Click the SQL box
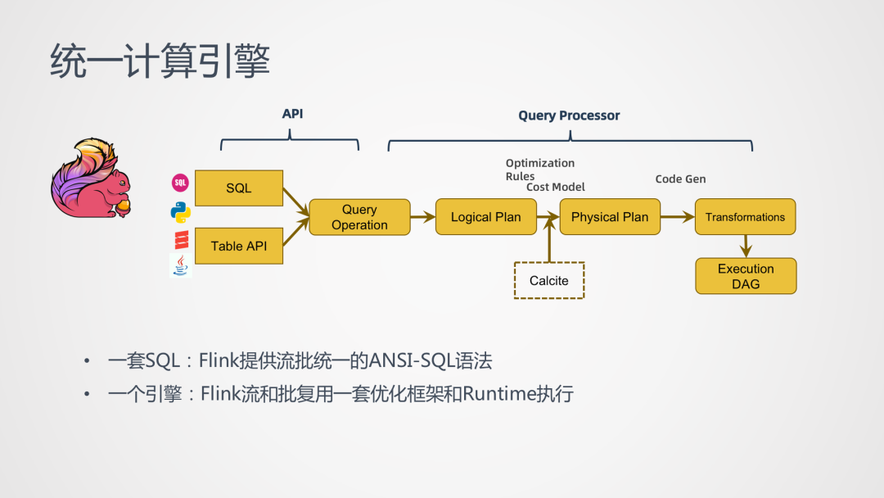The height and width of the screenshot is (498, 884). (239, 188)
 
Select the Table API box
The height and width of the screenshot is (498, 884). (239, 246)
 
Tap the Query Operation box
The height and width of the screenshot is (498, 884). (359, 217)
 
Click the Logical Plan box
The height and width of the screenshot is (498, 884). (485, 217)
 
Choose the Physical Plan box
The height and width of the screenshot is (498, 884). (609, 217)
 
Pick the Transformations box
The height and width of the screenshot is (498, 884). (745, 217)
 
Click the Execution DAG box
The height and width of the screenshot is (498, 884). (746, 276)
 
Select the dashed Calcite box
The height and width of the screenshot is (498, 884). (548, 280)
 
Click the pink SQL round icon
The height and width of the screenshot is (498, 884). (180, 183)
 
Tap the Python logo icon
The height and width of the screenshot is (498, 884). (181, 212)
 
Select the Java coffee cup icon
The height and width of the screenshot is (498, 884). (180, 265)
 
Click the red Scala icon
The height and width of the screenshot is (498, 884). (181, 239)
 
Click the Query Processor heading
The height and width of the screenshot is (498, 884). (569, 115)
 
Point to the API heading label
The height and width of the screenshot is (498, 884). (292, 114)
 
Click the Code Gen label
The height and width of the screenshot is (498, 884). (680, 179)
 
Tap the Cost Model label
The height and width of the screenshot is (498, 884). (555, 187)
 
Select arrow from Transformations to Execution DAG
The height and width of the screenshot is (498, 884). (746, 245)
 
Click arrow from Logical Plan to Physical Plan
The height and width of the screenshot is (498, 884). (548, 217)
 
